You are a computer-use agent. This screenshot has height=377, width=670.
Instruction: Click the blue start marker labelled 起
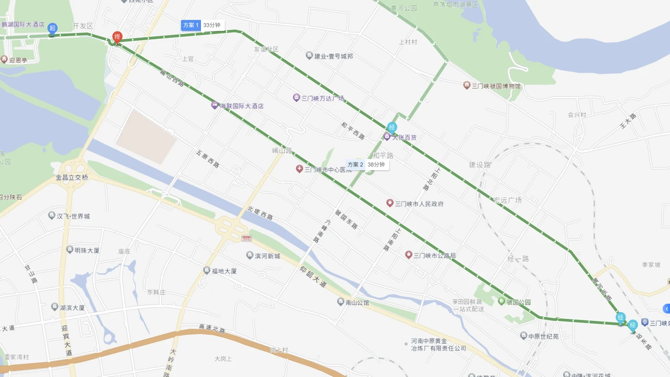click(x=52, y=28)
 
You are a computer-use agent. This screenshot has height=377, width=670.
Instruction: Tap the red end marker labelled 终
click(x=117, y=37)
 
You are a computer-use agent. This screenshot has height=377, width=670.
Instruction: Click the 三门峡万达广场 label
click(x=322, y=98)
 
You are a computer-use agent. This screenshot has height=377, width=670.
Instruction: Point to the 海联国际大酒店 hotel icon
click(x=215, y=105)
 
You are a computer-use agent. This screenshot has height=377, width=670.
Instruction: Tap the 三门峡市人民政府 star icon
click(x=389, y=203)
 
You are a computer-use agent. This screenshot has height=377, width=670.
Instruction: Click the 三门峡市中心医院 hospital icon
click(x=299, y=169)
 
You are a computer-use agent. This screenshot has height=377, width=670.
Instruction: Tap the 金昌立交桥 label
click(x=72, y=178)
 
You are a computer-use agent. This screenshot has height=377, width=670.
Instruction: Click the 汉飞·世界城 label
click(x=73, y=216)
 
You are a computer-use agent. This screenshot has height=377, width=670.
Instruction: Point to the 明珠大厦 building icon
click(x=70, y=250)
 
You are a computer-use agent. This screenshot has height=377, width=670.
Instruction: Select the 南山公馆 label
click(x=357, y=302)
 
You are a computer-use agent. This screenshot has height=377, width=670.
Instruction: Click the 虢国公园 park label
click(x=518, y=302)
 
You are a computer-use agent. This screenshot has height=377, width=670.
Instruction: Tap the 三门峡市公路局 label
click(x=434, y=256)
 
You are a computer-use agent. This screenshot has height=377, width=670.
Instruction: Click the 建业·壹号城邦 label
click(x=333, y=56)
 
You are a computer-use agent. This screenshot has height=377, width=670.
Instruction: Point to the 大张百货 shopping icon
click(x=387, y=137)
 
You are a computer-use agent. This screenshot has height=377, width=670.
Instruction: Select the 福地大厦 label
click(x=224, y=271)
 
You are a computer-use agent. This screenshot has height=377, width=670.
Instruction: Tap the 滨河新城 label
click(x=267, y=256)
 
